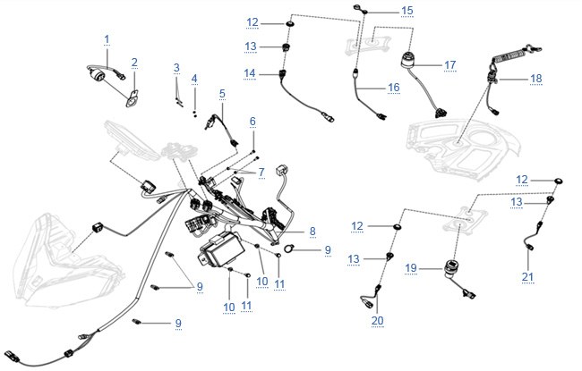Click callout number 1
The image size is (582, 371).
click(x=107, y=39)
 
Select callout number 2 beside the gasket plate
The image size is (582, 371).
click(x=134, y=63)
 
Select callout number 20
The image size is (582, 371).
click(x=378, y=320)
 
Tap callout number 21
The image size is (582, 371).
click(x=527, y=276)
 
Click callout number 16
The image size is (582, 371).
click(x=393, y=88)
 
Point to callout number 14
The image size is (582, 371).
click(x=250, y=73)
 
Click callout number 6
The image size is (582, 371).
click(x=252, y=122)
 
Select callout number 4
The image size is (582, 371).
click(x=194, y=79)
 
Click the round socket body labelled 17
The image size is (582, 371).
click(x=408, y=60)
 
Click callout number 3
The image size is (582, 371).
click(x=176, y=68)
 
